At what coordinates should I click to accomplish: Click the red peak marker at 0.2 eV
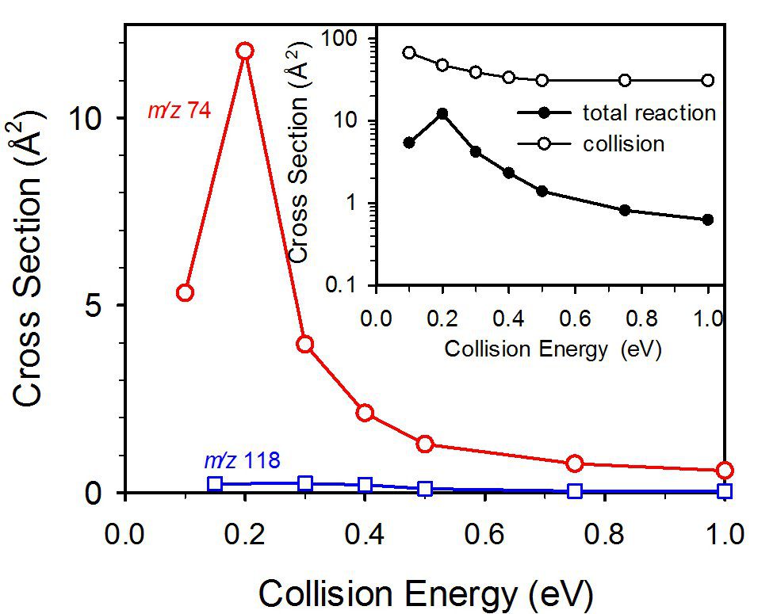(x=245, y=51)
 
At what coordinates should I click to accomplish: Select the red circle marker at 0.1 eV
(x=185, y=292)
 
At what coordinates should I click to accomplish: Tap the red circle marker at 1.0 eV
(x=724, y=470)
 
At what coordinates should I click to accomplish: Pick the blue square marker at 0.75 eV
(x=575, y=491)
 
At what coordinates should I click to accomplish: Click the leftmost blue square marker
(x=215, y=484)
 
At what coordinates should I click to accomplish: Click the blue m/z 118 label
(x=242, y=460)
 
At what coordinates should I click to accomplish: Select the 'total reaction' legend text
(x=649, y=113)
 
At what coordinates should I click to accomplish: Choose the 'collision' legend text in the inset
(x=623, y=144)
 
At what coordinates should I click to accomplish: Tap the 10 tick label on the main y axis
(x=92, y=118)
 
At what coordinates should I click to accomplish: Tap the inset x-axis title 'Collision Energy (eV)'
(x=553, y=349)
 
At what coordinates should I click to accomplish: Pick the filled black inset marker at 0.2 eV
(x=442, y=114)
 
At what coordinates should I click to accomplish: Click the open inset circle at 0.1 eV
(x=409, y=52)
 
